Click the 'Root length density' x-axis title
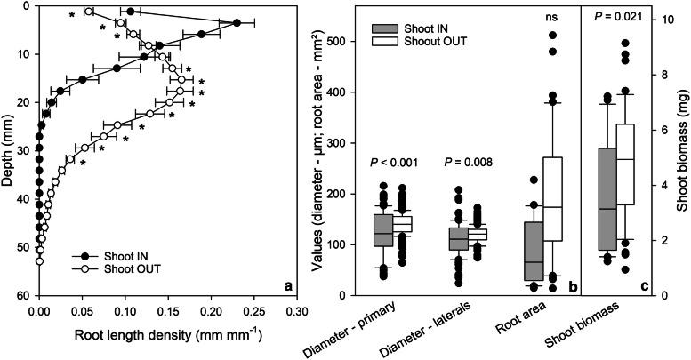pyautogui.click(x=167, y=336)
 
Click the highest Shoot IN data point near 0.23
pyautogui.click(x=237, y=22)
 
